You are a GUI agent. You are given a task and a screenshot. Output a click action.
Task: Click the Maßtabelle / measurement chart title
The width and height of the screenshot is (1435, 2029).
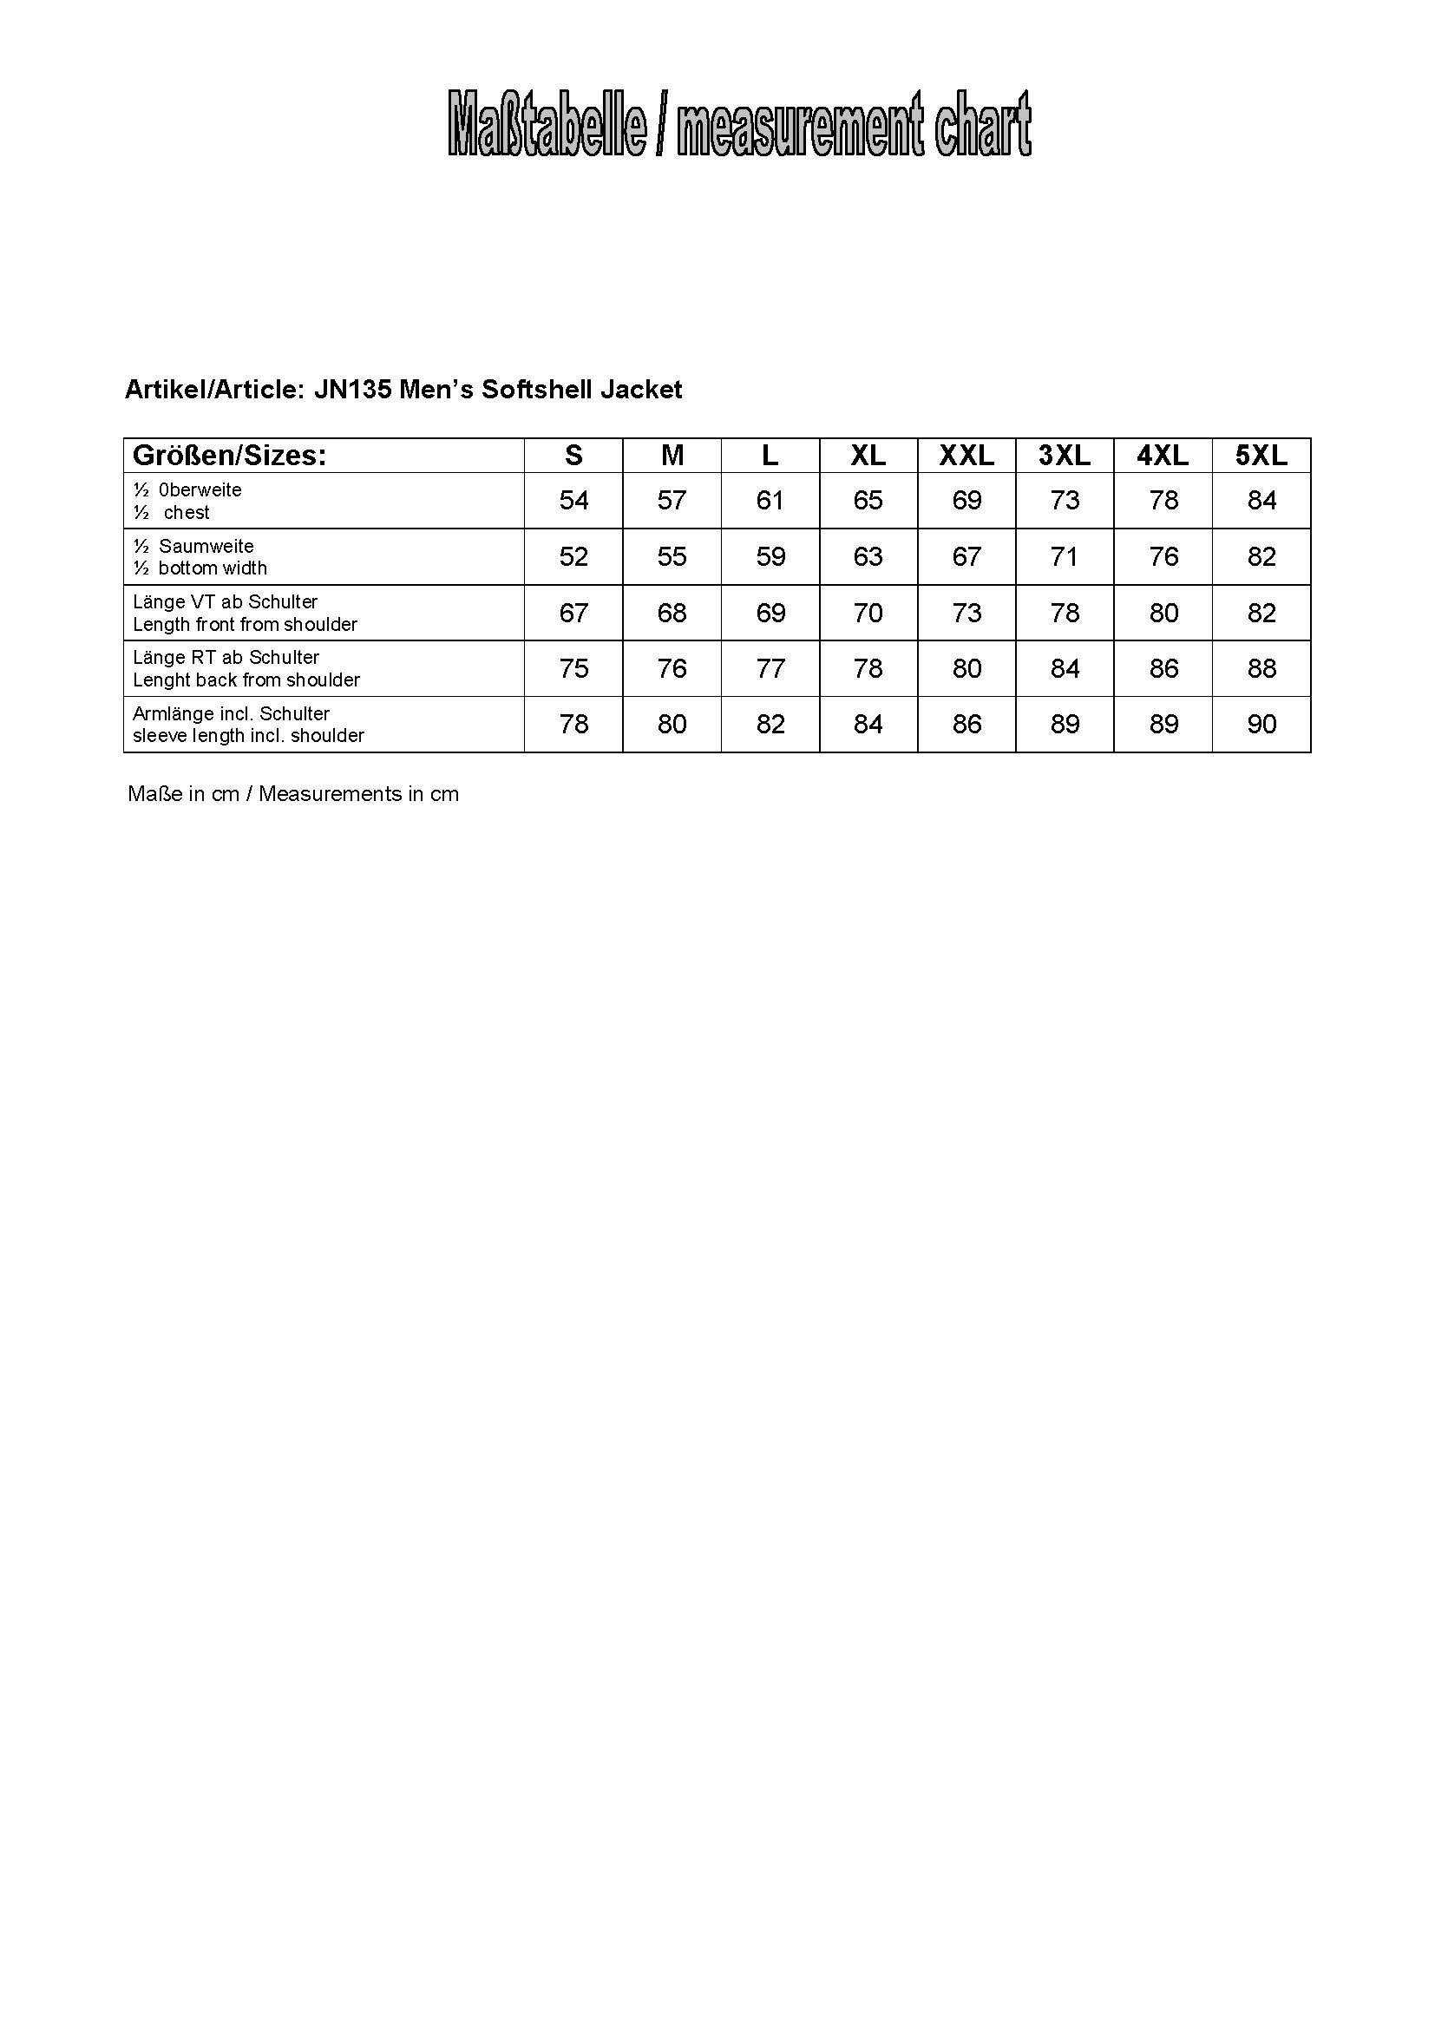[x=739, y=125]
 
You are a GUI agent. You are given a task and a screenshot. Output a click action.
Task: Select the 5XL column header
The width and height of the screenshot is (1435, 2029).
[x=1261, y=456]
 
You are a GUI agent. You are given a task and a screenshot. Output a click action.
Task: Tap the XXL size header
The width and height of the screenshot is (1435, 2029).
[x=966, y=456]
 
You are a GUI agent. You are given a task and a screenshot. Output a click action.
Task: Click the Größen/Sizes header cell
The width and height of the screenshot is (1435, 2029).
[x=230, y=456]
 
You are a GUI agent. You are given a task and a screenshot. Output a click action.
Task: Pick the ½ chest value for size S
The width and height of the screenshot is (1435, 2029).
[x=573, y=501]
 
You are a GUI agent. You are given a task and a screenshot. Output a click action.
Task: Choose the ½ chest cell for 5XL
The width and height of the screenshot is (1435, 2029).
[x=1261, y=501]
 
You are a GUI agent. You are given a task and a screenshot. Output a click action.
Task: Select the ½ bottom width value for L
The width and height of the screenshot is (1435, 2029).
[x=770, y=557]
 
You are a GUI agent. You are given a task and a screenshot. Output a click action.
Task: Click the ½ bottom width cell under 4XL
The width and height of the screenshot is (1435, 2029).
[x=1163, y=557]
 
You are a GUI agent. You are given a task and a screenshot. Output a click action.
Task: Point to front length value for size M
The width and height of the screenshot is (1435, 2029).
[x=672, y=613]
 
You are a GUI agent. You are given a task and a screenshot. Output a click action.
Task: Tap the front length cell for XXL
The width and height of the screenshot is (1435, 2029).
[x=966, y=613]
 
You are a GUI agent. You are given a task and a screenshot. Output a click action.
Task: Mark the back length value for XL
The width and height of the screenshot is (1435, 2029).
[x=868, y=668]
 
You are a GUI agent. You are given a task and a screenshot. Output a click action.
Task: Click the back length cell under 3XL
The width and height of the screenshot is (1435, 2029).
[x=1065, y=668]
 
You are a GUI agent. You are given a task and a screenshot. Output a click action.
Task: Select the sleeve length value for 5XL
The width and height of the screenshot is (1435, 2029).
[x=1261, y=725]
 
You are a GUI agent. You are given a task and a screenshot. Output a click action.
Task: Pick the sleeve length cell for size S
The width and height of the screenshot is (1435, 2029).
[x=573, y=725]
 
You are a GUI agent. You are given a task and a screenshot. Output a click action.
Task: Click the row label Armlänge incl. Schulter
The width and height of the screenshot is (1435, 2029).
[x=231, y=713]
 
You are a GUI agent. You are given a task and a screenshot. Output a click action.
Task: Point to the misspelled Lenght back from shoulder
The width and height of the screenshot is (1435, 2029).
[x=246, y=680]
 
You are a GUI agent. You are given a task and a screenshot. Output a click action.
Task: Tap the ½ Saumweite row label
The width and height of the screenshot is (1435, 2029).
[x=194, y=546]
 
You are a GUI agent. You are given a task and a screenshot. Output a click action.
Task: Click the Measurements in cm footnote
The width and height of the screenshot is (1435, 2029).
[x=359, y=794]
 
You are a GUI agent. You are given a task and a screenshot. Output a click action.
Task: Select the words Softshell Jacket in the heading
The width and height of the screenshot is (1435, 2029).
[x=581, y=390]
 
